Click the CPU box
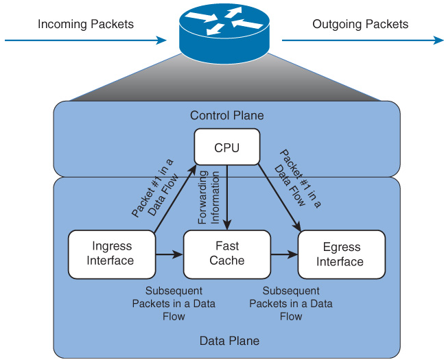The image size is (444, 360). click(x=227, y=147)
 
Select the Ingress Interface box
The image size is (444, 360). click(x=112, y=254)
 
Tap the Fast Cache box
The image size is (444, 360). click(x=226, y=254)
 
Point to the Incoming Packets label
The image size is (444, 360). click(x=86, y=25)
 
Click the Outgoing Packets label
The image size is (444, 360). click(x=360, y=25)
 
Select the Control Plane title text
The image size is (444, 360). click(x=226, y=115)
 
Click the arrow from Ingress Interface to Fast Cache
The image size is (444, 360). click(x=169, y=254)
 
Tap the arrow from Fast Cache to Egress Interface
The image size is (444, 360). click(x=283, y=254)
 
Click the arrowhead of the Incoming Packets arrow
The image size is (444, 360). click(x=163, y=40)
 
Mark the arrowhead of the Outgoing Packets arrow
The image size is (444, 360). click(x=439, y=40)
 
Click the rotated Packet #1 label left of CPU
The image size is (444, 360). click(x=154, y=189)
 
